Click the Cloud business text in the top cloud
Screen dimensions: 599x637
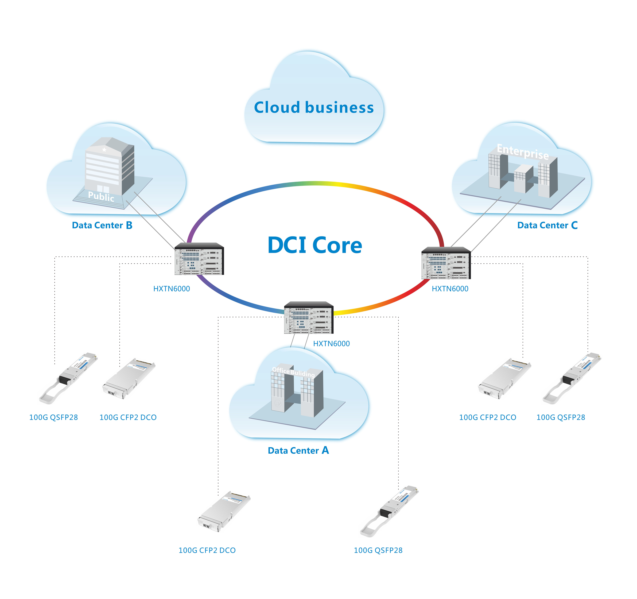point(314,108)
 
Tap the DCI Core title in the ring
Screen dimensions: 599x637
point(315,245)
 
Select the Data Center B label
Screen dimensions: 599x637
point(102,225)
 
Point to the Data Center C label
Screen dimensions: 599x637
point(547,225)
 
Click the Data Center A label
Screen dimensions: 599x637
point(298,450)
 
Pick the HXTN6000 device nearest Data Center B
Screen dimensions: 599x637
point(199,259)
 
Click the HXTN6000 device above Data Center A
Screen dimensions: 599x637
point(309,318)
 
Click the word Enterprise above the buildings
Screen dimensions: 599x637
point(523,151)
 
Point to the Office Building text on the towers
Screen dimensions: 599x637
point(293,372)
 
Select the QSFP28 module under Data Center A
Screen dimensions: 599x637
point(389,511)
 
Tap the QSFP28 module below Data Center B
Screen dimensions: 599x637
point(68,378)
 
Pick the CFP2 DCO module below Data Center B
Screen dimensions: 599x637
point(129,379)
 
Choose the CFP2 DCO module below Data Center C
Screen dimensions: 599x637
point(504,379)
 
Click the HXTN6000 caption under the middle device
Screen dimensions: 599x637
point(331,344)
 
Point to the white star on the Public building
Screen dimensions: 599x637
point(104,150)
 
